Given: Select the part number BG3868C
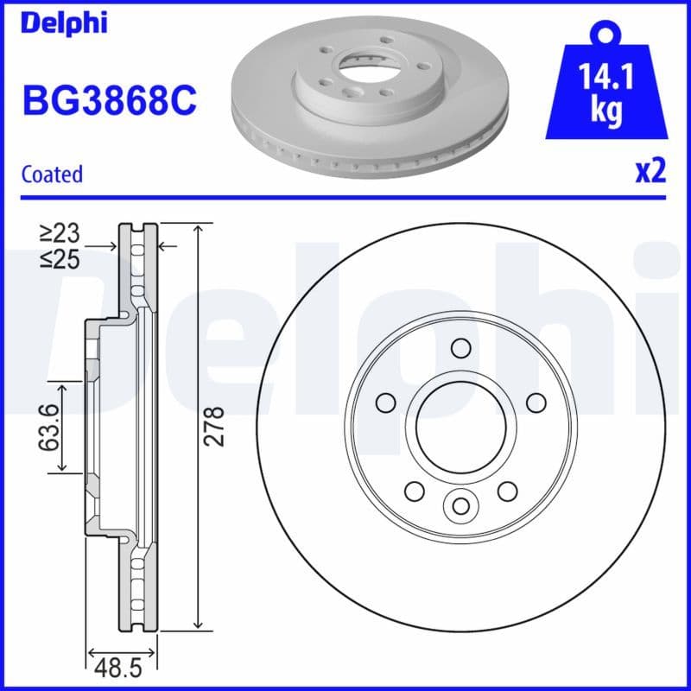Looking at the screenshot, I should [x=110, y=101].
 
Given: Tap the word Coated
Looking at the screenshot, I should [x=52, y=174].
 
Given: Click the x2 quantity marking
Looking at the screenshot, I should [x=650, y=172].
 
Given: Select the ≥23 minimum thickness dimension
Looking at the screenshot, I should [x=59, y=232].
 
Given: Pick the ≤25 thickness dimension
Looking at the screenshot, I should [x=59, y=258].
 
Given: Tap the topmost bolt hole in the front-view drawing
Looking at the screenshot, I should [x=460, y=348].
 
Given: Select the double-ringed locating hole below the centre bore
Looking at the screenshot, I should [x=460, y=505].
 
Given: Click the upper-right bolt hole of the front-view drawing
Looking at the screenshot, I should [x=536, y=403].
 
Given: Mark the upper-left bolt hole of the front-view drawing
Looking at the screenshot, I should [x=385, y=403].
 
